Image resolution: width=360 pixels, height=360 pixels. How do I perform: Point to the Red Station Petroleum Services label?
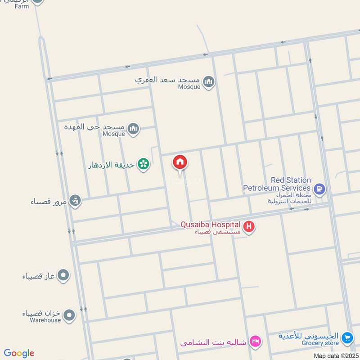pos(277,184)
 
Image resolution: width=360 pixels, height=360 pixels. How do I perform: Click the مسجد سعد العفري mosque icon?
pos(208,81)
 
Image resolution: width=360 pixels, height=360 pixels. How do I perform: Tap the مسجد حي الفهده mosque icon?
pos(133,130)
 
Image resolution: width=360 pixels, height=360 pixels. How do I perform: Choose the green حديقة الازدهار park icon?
pos(143,165)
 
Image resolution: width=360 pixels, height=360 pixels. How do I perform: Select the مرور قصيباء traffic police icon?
pos(76,201)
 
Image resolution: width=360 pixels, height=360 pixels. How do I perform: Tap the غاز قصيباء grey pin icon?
pos(64,275)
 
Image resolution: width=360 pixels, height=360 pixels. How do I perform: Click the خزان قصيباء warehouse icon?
pos(68,315)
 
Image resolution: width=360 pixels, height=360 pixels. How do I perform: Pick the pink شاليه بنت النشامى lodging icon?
pos(255,342)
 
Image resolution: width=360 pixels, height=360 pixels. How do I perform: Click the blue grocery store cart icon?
pos(346,337)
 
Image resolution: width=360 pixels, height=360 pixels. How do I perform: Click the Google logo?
pos(19,353)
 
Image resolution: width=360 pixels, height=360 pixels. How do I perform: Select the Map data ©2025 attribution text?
pos(336,355)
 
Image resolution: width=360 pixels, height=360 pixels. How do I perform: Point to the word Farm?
pos(21,6)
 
